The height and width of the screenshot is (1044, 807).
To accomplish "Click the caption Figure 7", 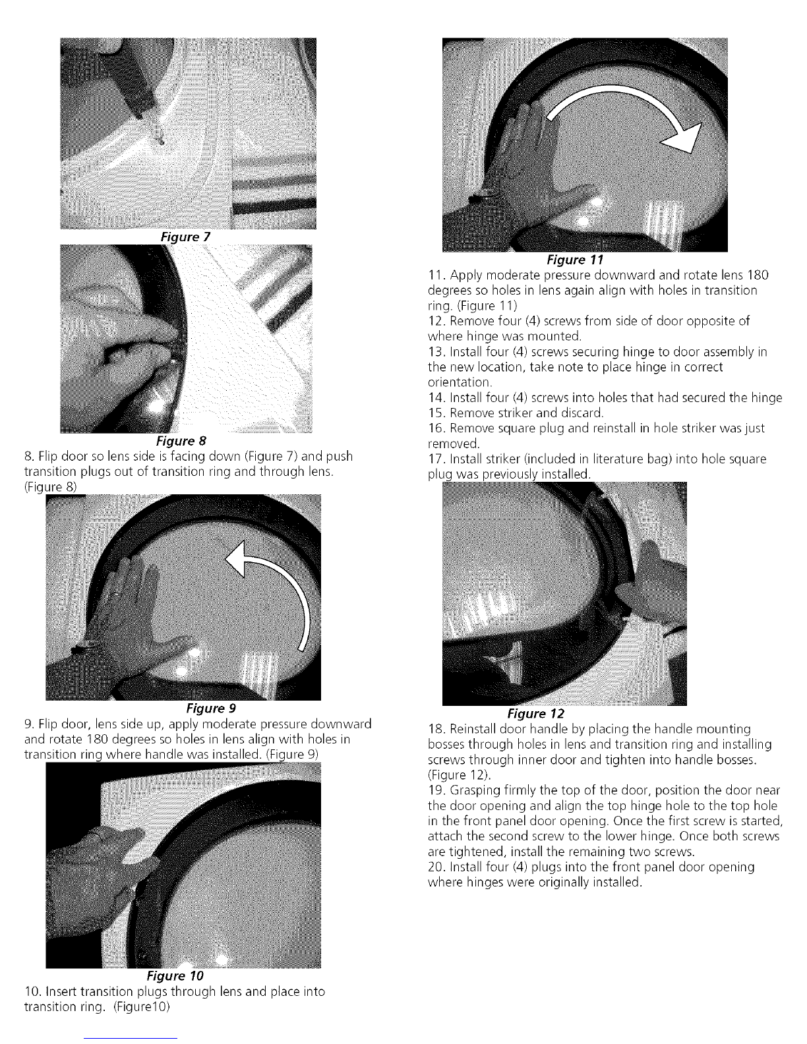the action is click(185, 237).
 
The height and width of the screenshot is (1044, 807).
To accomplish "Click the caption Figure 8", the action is click(181, 441).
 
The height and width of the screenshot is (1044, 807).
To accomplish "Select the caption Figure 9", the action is click(211, 708).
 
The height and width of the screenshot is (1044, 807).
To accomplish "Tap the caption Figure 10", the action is click(175, 975).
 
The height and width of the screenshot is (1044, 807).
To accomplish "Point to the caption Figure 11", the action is click(575, 260).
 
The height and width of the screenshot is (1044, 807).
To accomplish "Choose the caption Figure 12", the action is click(536, 714).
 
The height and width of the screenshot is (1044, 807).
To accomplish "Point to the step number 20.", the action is click(436, 867).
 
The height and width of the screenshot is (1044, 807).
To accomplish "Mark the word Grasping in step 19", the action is click(477, 791).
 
